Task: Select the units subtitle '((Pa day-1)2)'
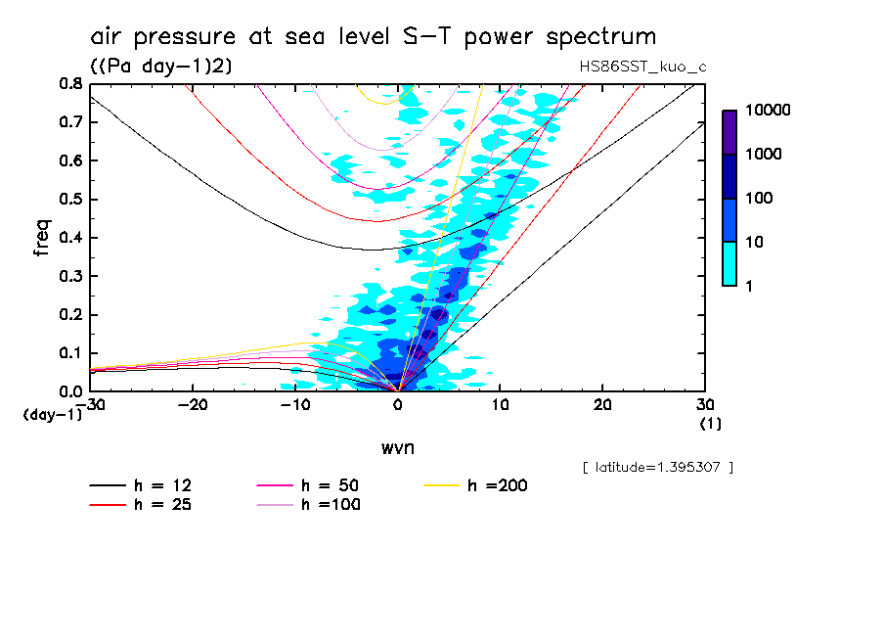(160, 66)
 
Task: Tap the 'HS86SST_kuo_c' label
(641, 66)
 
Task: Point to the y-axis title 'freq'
(42, 238)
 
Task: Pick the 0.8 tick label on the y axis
(69, 84)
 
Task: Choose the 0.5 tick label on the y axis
(69, 200)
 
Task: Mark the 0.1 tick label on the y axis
(69, 353)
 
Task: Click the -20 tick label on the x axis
(193, 405)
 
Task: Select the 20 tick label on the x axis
(601, 405)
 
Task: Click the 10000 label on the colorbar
(768, 111)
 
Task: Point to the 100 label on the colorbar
(760, 199)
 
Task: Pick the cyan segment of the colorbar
(729, 263)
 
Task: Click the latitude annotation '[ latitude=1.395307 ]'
(657, 467)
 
